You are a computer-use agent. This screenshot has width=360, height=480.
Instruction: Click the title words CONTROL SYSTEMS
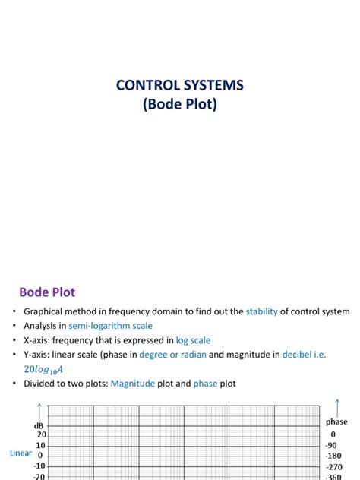click(x=179, y=85)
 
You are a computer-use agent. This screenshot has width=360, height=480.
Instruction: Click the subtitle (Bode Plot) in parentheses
click(x=179, y=104)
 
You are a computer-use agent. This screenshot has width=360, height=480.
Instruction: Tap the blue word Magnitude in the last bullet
click(x=137, y=384)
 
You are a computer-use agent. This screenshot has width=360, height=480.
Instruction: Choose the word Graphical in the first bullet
click(x=47, y=311)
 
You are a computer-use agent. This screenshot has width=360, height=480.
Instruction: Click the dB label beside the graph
click(x=38, y=426)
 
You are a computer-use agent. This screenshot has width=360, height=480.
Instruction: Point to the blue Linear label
click(x=21, y=453)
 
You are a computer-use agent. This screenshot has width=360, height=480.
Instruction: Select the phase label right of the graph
click(x=336, y=422)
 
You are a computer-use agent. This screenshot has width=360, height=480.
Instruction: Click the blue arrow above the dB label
click(x=42, y=412)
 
